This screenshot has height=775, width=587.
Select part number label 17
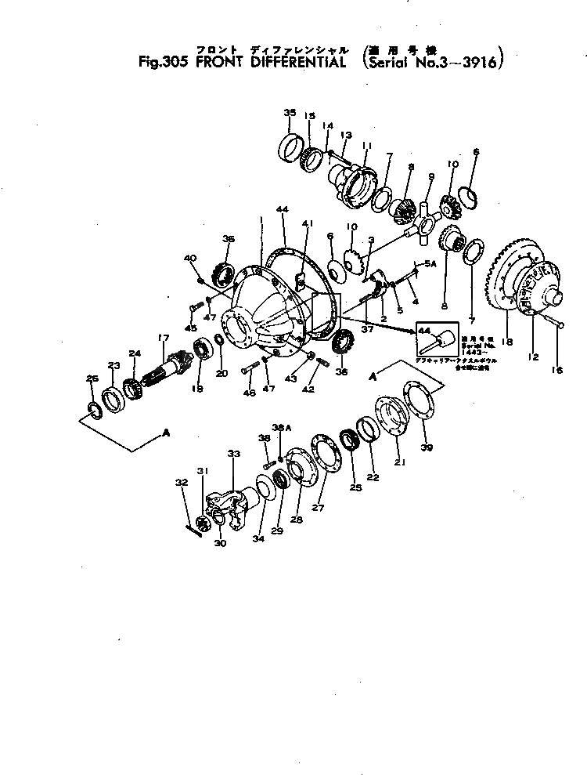(x=163, y=338)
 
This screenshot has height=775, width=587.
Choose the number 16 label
(x=557, y=371)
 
